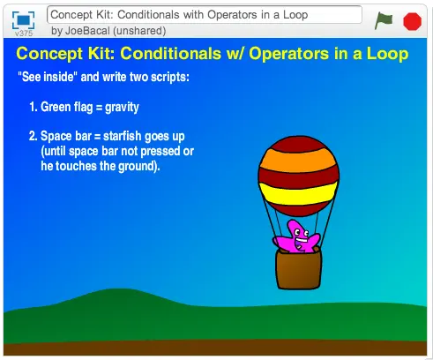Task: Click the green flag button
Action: (x=384, y=20)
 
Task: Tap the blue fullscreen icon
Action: (x=23, y=20)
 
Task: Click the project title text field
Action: (x=205, y=15)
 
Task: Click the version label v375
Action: (x=24, y=34)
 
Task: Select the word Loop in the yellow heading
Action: (x=387, y=54)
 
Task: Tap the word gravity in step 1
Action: (x=122, y=108)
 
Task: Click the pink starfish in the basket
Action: (x=296, y=237)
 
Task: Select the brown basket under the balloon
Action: (x=298, y=268)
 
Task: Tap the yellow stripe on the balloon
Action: (x=298, y=192)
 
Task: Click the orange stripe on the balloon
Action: (x=298, y=160)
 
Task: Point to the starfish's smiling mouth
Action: (x=302, y=241)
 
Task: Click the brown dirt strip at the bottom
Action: (x=215, y=349)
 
